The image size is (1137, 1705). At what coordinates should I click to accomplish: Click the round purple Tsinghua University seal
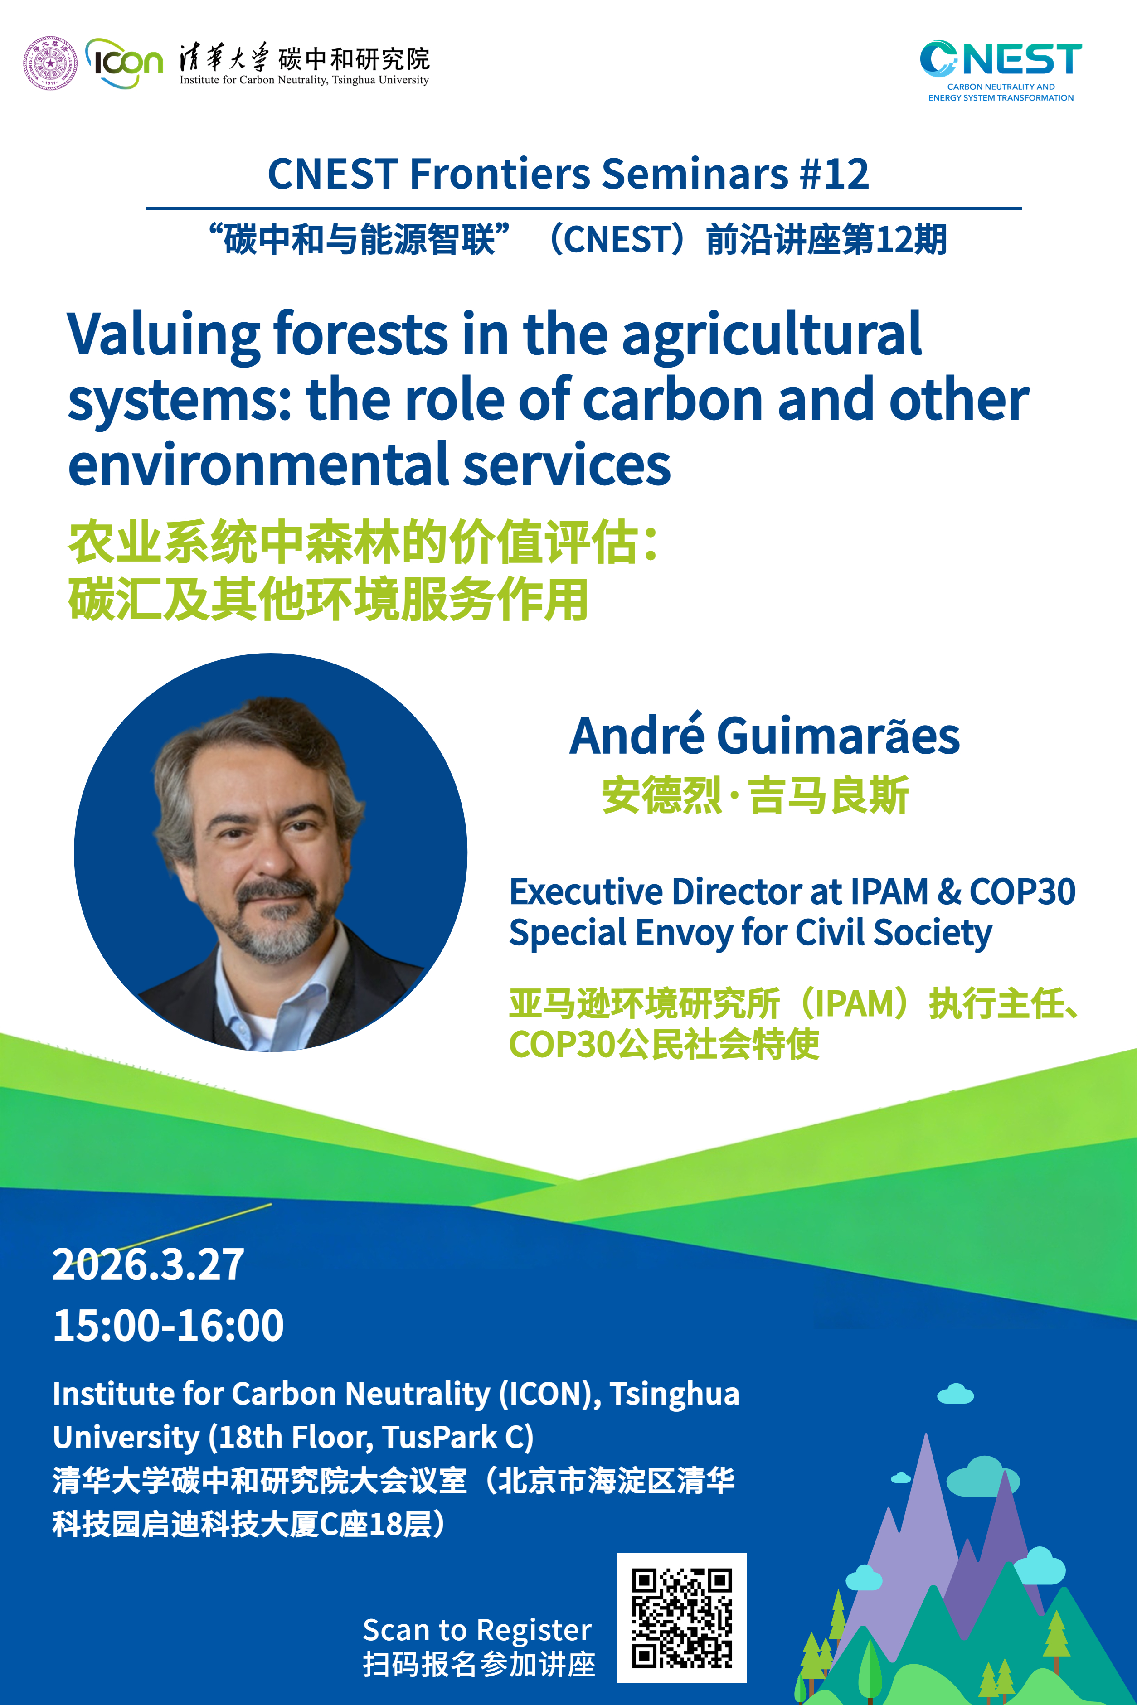(x=50, y=63)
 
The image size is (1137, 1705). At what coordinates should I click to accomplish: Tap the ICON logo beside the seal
(x=124, y=63)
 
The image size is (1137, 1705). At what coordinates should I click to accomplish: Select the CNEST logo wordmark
(x=1001, y=59)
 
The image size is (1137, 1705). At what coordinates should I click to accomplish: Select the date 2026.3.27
(x=149, y=1265)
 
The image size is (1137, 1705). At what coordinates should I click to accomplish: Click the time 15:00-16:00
(x=168, y=1325)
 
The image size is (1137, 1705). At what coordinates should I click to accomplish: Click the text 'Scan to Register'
(x=477, y=1630)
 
